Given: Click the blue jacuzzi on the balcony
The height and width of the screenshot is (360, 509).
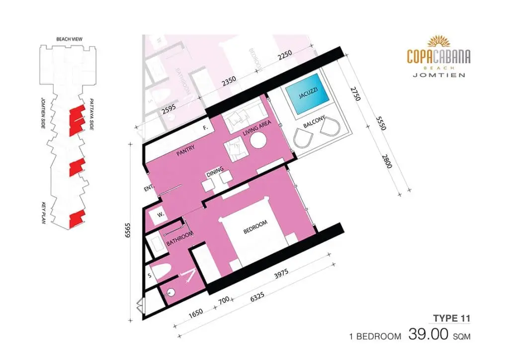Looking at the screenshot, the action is pyautogui.click(x=307, y=94).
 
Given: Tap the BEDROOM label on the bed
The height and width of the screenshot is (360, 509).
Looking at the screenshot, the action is pyautogui.click(x=255, y=227).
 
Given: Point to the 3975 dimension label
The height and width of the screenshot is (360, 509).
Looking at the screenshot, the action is pyautogui.click(x=281, y=273).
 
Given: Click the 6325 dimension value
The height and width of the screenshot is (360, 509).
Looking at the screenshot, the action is pyautogui.click(x=257, y=297).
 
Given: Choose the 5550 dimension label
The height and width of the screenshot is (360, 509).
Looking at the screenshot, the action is pyautogui.click(x=381, y=123).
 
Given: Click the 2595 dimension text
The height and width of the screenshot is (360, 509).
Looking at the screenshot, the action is pyautogui.click(x=169, y=109).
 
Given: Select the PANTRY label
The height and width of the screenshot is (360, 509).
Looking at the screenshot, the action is pyautogui.click(x=186, y=151).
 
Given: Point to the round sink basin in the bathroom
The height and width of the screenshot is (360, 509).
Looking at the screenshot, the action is pyautogui.click(x=170, y=292).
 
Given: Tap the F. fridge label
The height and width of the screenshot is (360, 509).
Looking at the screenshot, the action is pyautogui.click(x=205, y=128).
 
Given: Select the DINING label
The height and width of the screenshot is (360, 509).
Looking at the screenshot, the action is pyautogui.click(x=215, y=172).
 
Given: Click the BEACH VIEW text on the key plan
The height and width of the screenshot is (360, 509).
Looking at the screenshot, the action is pyautogui.click(x=70, y=39).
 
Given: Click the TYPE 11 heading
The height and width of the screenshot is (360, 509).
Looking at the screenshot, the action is pyautogui.click(x=451, y=318).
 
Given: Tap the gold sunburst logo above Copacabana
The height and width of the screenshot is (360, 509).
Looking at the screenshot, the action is pyautogui.click(x=439, y=42).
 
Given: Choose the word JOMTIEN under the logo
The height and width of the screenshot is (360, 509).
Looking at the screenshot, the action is pyautogui.click(x=439, y=75).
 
